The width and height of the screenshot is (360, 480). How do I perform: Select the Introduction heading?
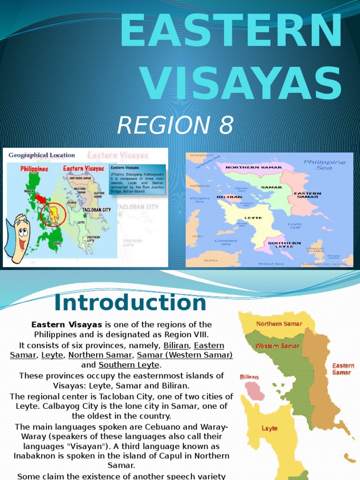click(130, 302)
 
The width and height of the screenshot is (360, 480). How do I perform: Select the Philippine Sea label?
click(324, 165)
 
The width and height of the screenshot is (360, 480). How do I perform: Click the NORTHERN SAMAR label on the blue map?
click(254, 167)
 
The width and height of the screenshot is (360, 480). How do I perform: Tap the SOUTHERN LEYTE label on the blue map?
click(284, 245)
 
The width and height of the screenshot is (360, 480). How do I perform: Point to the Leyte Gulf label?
click(294, 226)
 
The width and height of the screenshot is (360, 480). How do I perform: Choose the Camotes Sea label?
click(225, 242)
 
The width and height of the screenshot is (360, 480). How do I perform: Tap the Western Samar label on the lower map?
click(277, 346)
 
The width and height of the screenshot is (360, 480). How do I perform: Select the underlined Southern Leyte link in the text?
click(129, 365)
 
